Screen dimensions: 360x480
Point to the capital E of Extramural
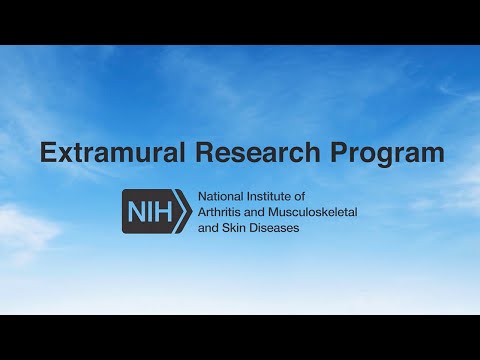pos(47,153)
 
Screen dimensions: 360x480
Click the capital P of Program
pos(335,153)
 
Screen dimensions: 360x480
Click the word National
pos(223,197)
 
